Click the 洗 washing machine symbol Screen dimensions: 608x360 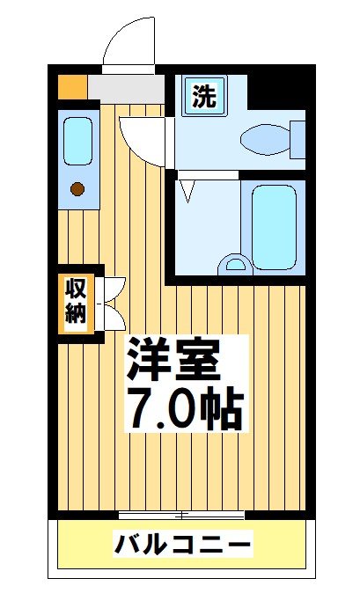point(204,94)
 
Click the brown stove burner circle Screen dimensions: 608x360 point(77,187)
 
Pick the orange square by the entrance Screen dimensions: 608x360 point(73,86)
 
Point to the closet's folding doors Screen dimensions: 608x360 point(114,302)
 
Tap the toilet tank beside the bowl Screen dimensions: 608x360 point(298,138)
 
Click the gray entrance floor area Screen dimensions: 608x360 point(126,87)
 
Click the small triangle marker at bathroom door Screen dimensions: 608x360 point(186,187)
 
